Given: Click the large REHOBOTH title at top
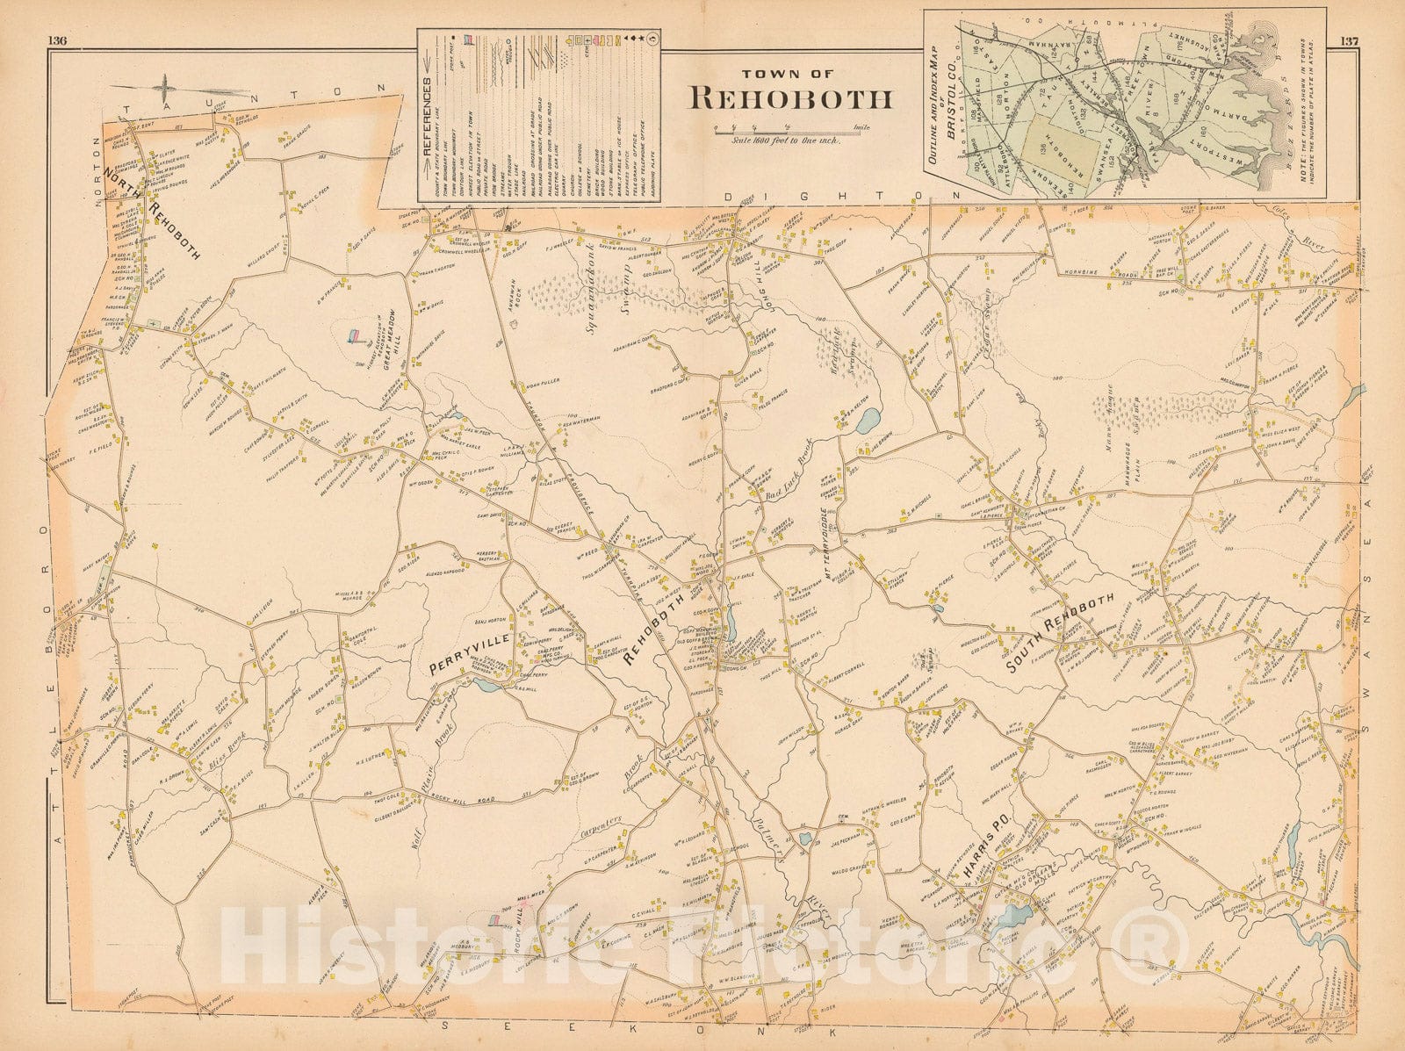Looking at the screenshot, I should pos(791,97).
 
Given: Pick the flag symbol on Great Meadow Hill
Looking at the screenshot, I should pos(356,336).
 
